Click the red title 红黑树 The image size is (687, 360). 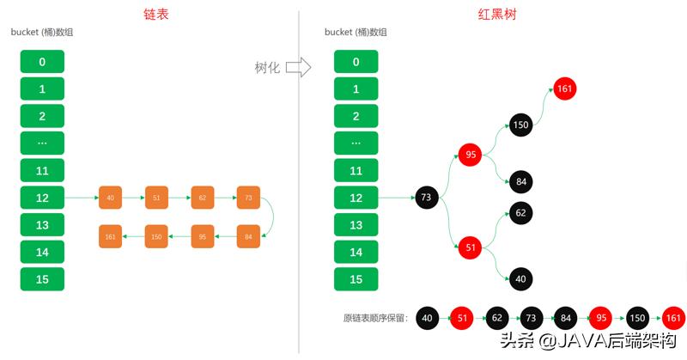pyautogui.click(x=495, y=15)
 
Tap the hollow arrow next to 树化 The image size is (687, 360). pyautogui.click(x=297, y=67)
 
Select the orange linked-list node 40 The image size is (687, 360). pyautogui.click(x=111, y=198)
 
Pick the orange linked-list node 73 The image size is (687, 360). pyautogui.click(x=248, y=198)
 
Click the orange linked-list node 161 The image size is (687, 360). pyautogui.click(x=111, y=235)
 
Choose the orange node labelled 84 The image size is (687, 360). pyautogui.click(x=248, y=235)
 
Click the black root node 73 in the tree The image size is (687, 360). pyautogui.click(x=427, y=198)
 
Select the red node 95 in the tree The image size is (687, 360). pyautogui.click(x=471, y=155)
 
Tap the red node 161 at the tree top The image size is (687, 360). pyautogui.click(x=564, y=88)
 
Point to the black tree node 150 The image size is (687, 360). pyautogui.click(x=520, y=125)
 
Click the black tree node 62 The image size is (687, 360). pyautogui.click(x=520, y=211)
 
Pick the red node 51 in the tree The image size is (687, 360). pyautogui.click(x=471, y=247)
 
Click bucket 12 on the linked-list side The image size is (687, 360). pyautogui.click(x=42, y=198)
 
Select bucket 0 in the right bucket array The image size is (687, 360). pyautogui.click(x=356, y=62)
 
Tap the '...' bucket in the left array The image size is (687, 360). pyautogui.click(x=42, y=143)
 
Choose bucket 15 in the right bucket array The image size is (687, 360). pyautogui.click(x=356, y=279)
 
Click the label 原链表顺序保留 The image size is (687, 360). pyautogui.click(x=375, y=318)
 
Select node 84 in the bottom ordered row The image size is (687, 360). pyautogui.click(x=564, y=319)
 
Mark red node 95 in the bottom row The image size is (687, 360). pyautogui.click(x=602, y=319)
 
